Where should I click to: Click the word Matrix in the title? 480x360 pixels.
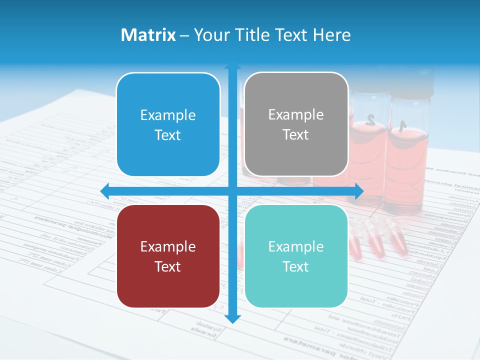point(148,35)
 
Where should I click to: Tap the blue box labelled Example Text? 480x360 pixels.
point(168,125)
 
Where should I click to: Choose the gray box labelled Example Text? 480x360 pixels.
point(296,124)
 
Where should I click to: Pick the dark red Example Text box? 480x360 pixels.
point(168,256)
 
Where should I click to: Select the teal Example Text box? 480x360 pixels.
point(296,256)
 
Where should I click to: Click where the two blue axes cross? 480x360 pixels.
point(232,191)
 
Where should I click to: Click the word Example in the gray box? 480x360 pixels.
point(296,115)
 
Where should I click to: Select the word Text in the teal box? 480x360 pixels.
point(296,266)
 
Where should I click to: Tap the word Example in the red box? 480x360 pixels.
point(168,246)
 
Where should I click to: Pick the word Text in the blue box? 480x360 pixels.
point(168,135)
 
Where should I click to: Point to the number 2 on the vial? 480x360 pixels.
point(370,119)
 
